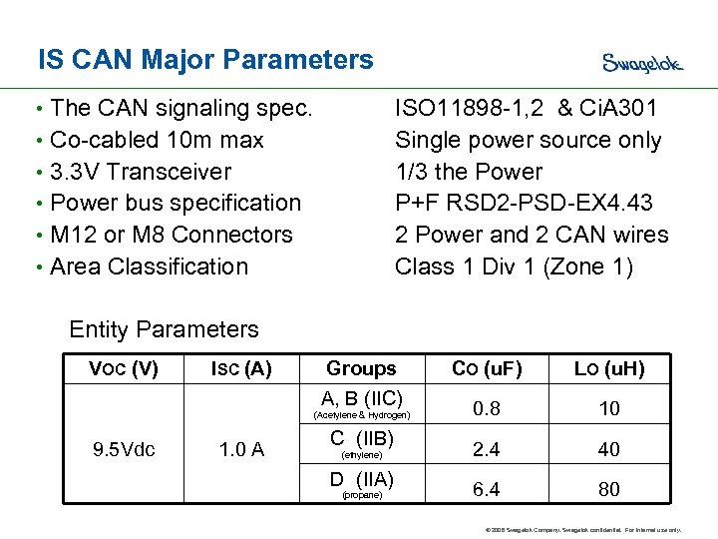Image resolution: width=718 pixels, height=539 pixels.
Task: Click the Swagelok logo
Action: [642, 63]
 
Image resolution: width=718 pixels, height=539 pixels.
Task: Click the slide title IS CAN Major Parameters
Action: [205, 60]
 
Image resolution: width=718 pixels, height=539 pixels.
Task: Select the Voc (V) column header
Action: [123, 368]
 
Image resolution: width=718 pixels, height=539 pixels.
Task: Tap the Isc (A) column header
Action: [241, 368]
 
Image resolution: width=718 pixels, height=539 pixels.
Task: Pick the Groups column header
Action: [361, 368]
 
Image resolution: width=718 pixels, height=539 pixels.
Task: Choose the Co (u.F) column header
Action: [487, 368]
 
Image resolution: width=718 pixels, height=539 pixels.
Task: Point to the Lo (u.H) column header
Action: [608, 368]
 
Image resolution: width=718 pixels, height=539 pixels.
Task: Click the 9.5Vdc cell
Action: [124, 449]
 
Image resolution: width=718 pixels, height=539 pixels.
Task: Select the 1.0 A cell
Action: [241, 449]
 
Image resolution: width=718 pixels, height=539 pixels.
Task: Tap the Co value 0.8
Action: [487, 408]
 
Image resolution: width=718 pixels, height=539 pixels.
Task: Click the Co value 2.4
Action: [487, 449]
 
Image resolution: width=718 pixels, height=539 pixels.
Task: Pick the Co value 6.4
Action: [487, 489]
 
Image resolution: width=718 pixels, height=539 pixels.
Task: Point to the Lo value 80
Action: [608, 489]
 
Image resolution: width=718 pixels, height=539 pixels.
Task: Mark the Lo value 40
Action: [608, 449]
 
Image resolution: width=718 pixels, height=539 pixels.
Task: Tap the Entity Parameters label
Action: [164, 329]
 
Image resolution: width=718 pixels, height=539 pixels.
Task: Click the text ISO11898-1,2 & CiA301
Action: [527, 108]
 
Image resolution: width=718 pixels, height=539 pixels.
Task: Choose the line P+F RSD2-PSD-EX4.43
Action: [524, 203]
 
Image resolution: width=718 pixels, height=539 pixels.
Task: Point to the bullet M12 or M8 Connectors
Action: [171, 235]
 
